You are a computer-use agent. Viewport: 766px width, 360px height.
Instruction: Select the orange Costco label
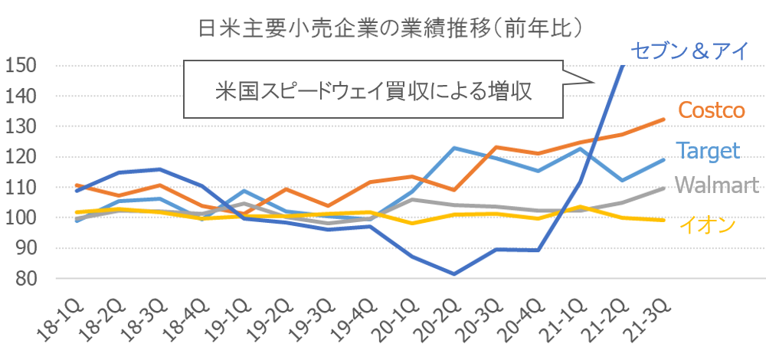click(x=712, y=110)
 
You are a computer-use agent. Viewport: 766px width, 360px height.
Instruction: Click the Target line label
click(x=707, y=150)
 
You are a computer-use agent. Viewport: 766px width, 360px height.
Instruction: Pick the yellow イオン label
click(x=708, y=224)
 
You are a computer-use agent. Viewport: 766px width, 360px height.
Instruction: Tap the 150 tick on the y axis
click(x=21, y=65)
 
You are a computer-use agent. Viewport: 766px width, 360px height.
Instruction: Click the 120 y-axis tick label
click(x=21, y=157)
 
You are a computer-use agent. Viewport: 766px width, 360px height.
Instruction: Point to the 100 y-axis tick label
click(x=21, y=218)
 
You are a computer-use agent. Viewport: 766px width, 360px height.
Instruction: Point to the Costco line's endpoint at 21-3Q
click(x=663, y=119)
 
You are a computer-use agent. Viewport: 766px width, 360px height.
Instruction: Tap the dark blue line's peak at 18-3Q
click(x=159, y=169)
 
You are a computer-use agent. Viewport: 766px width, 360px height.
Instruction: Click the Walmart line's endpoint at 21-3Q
click(x=663, y=188)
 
